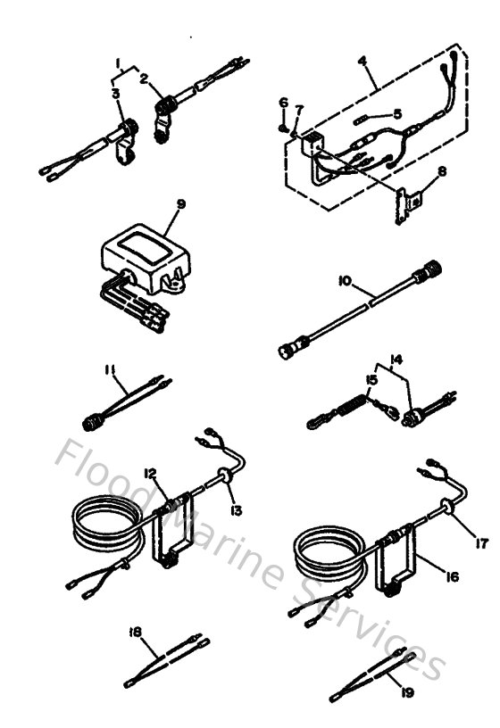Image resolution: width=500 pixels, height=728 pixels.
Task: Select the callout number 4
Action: tap(362, 62)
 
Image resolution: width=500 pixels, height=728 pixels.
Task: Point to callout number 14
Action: tap(397, 358)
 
